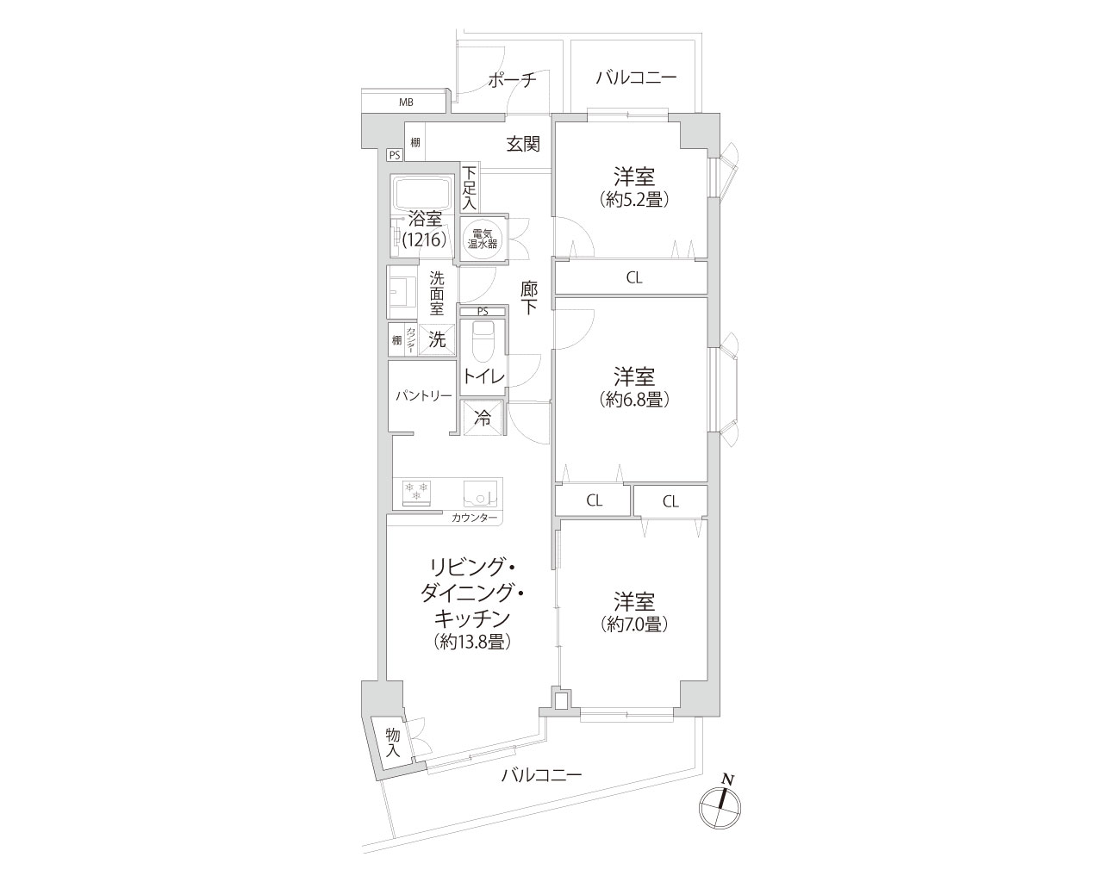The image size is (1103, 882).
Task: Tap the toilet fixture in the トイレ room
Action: coord(483,342)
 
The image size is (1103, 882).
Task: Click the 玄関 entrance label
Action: coord(523,144)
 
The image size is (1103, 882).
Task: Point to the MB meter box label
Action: coord(406,102)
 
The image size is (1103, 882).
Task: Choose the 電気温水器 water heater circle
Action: coord(483,239)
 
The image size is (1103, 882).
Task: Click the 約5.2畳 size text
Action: coord(634,199)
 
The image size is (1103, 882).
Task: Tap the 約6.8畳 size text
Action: coord(634,400)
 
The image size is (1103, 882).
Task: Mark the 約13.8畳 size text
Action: coord(472,643)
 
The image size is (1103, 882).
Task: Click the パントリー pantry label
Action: coord(423,395)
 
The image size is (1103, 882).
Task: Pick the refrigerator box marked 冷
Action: coord(483,419)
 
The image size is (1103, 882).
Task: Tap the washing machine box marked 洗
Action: coord(437,339)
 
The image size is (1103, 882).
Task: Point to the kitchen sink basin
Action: coord(480,493)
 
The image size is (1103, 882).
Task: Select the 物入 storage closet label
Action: coord(393,743)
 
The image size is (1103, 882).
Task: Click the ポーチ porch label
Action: coord(512,80)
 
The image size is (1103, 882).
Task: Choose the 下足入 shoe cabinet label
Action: coord(469,188)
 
